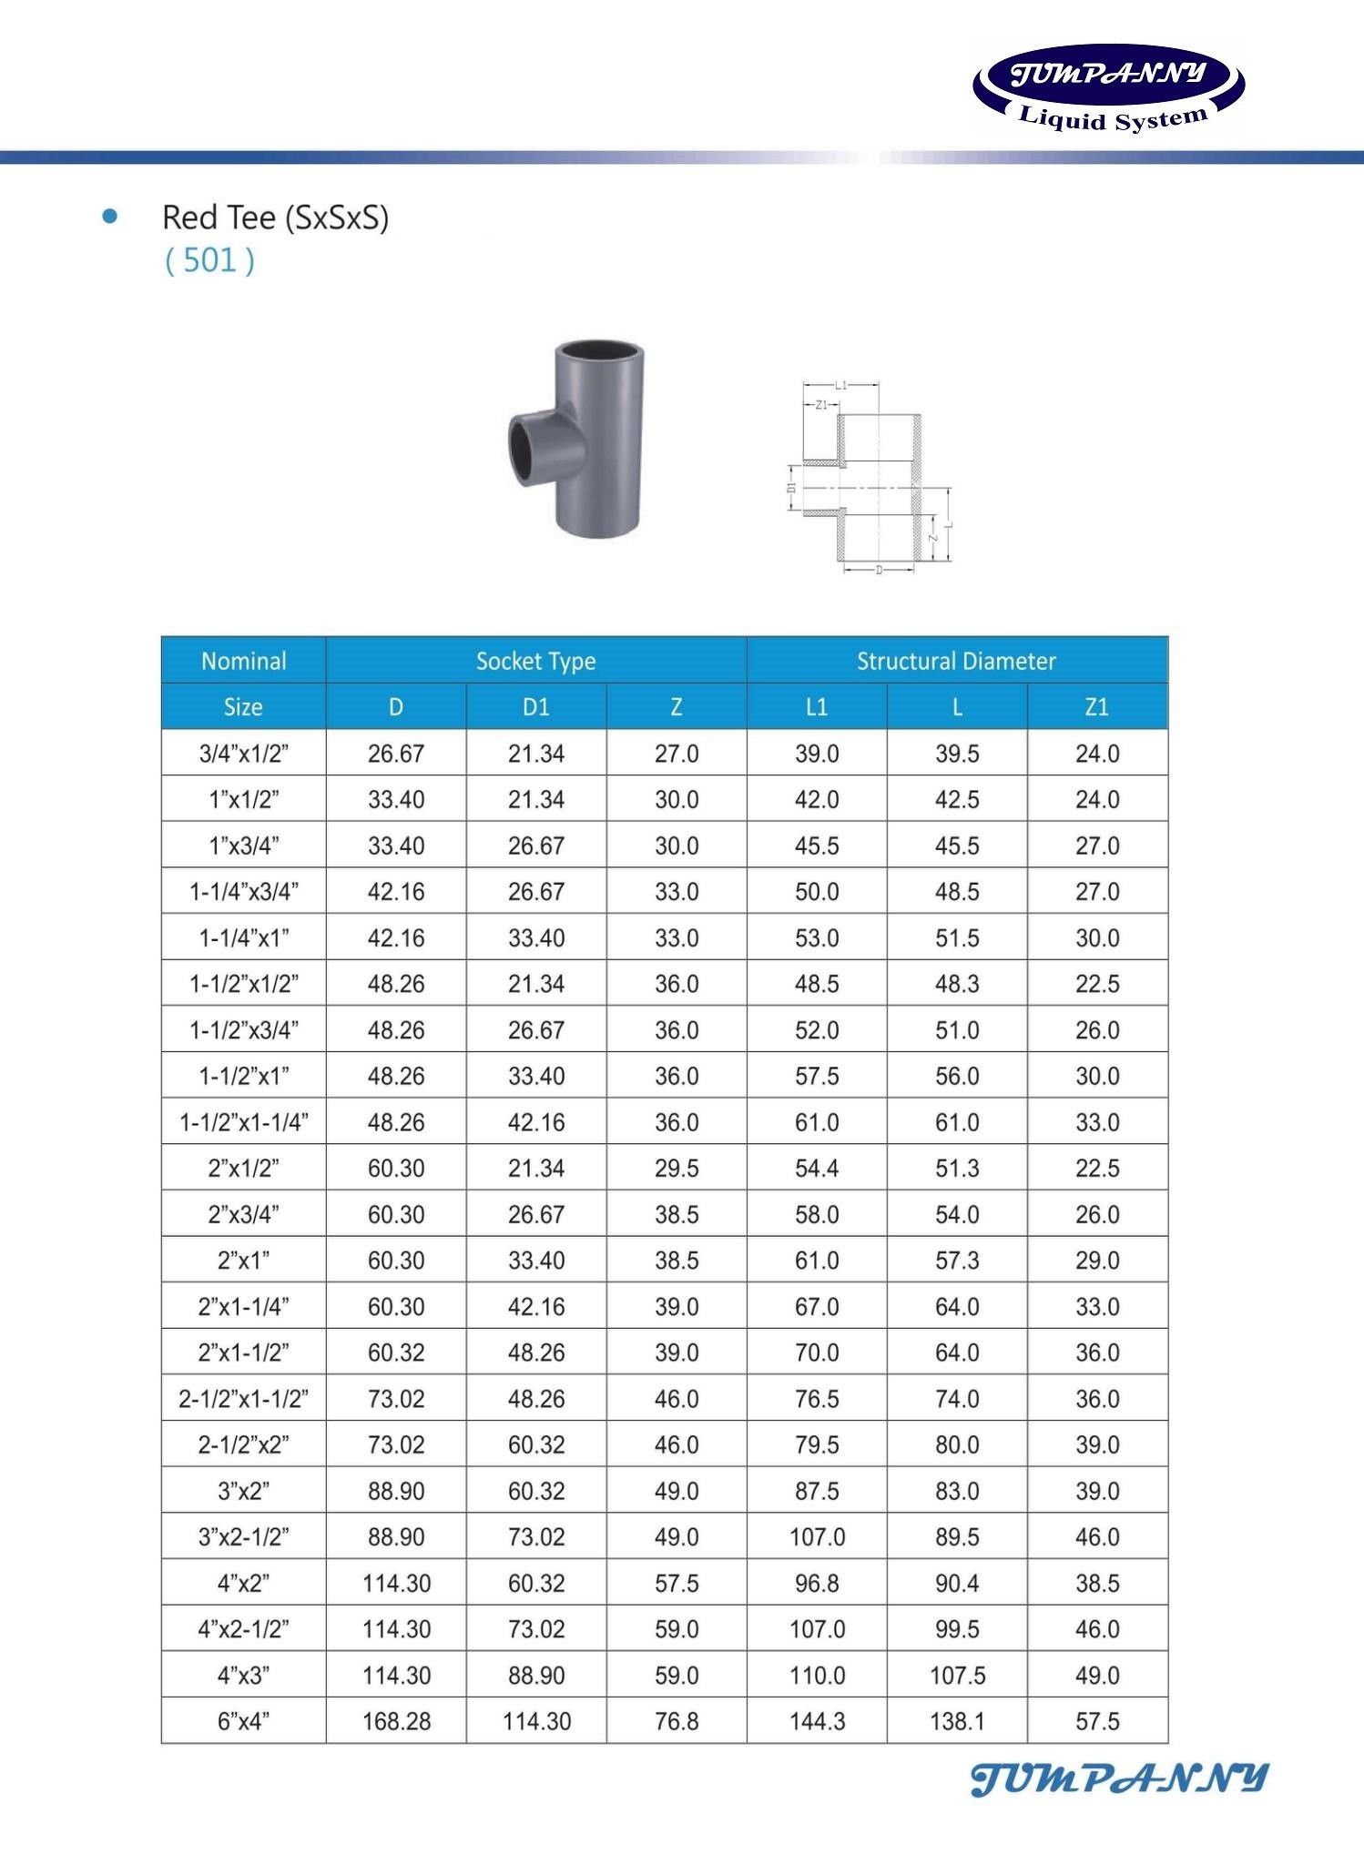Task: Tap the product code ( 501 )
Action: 209,260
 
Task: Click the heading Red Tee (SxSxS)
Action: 275,218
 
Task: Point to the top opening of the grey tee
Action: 597,352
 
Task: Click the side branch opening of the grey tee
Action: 523,448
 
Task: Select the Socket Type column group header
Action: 535,661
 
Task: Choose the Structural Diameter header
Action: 956,661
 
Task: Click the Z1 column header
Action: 1096,707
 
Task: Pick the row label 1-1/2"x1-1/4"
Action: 244,1122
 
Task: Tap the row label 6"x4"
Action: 244,1721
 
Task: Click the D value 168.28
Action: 396,1721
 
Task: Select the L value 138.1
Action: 957,1721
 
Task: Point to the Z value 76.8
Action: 677,1721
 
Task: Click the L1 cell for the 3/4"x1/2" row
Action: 817,754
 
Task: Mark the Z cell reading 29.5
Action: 677,1168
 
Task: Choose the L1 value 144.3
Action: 817,1721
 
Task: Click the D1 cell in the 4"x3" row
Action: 536,1675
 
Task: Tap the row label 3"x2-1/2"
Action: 244,1536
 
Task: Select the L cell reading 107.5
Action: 957,1675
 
